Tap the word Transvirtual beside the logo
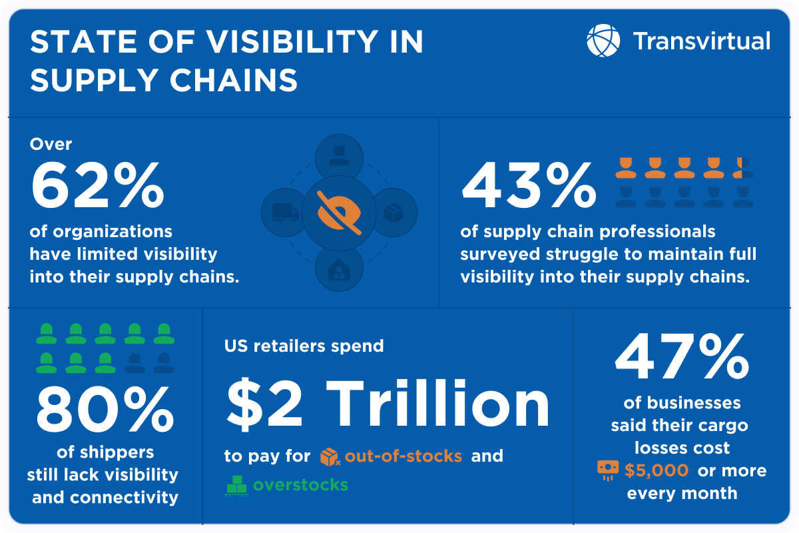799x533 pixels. click(701, 41)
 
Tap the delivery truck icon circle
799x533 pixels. click(286, 213)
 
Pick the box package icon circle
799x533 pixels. click(394, 213)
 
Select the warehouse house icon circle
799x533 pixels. click(340, 267)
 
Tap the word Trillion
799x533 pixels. click(439, 404)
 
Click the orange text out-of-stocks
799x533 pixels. click(403, 456)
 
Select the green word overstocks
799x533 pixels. click(300, 484)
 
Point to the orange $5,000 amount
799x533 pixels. click(657, 470)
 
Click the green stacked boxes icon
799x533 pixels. click(236, 485)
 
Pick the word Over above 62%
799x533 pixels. click(51, 144)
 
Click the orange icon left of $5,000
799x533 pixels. click(607, 470)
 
